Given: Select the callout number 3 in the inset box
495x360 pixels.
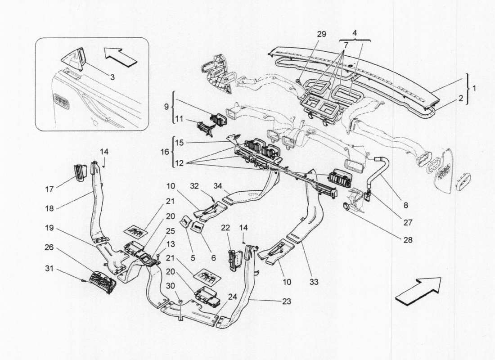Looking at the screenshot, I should [x=112, y=77].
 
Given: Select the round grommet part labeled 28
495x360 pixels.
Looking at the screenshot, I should [x=346, y=207].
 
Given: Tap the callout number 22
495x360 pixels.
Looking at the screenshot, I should [x=225, y=228].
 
